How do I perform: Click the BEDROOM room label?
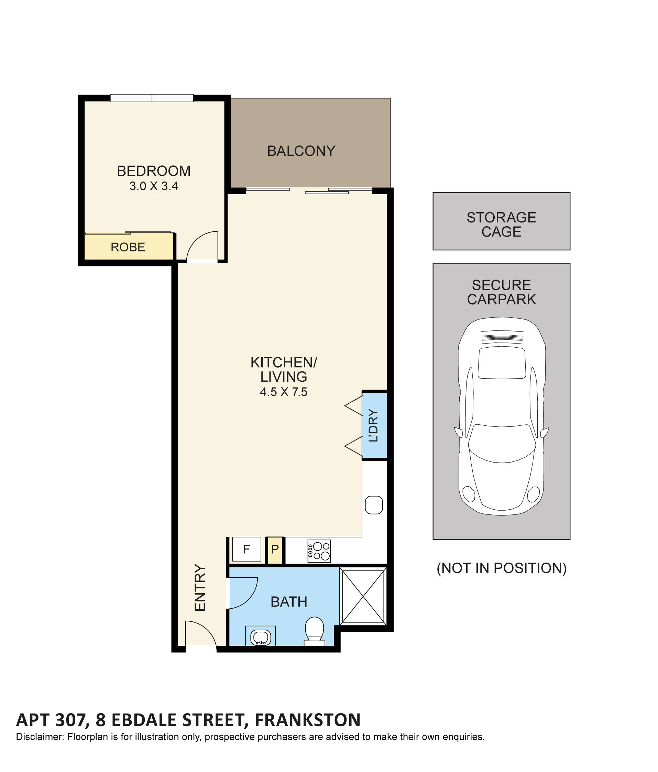(153, 171)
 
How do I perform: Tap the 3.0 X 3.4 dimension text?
(153, 186)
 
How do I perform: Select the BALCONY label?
(301, 151)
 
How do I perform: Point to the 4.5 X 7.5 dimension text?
(283, 392)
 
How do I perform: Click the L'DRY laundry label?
(373, 425)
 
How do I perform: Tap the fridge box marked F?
(246, 549)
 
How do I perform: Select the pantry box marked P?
(275, 549)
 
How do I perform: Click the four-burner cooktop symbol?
(319, 551)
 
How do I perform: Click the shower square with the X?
(363, 597)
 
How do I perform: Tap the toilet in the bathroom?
(314, 629)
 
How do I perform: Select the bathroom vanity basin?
(260, 637)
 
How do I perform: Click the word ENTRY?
(200, 588)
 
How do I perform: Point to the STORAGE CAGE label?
(501, 224)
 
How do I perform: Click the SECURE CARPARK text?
(501, 292)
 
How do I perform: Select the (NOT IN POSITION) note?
(501, 568)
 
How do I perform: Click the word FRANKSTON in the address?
(307, 720)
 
